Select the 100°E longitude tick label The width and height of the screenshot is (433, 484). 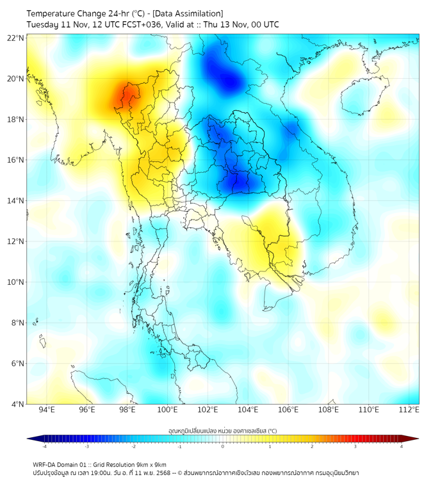tap(167, 410)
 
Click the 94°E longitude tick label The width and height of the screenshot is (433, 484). tap(47, 410)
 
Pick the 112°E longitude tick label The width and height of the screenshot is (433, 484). tap(409, 410)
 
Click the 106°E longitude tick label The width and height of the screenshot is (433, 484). tap(288, 410)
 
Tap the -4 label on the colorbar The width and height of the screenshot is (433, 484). tap(44, 447)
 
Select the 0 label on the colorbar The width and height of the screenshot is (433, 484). tap(223, 447)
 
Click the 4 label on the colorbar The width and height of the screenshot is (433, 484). tap(402, 447)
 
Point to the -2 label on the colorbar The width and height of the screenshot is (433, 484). tap(133, 447)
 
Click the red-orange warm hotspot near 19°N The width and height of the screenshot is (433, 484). tap(127, 96)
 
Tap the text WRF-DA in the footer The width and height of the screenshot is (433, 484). tap(45, 464)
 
